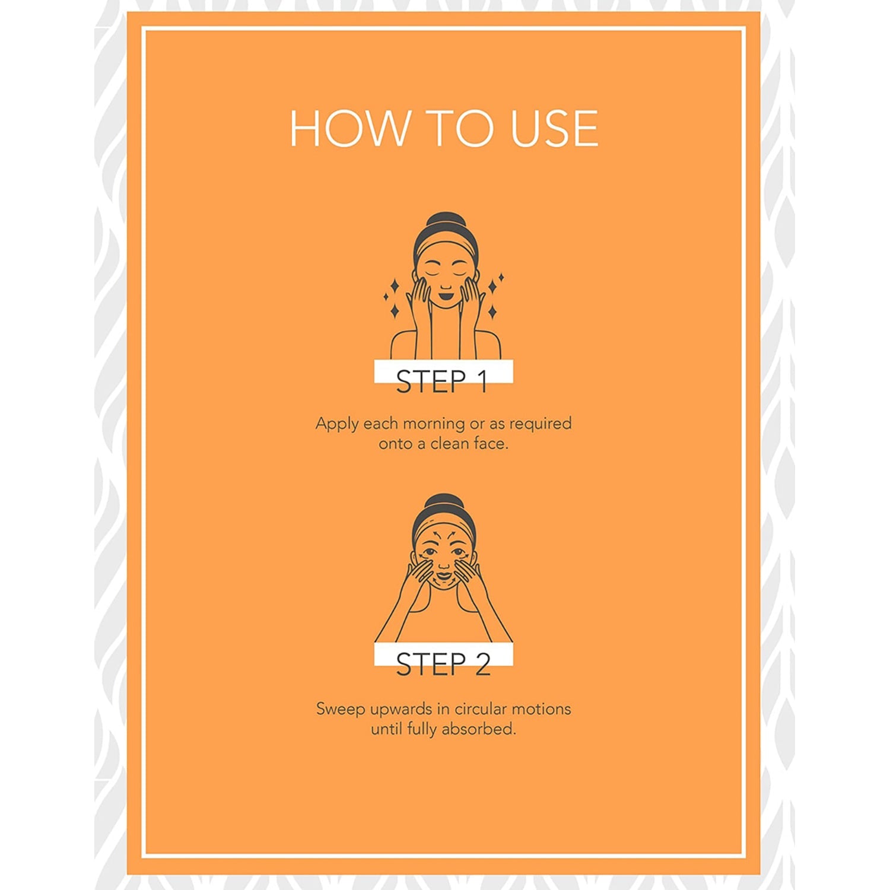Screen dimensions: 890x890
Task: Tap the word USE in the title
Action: pyautogui.click(x=554, y=128)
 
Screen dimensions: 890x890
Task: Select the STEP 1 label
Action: pyautogui.click(x=442, y=381)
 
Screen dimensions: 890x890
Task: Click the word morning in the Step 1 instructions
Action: pyautogui.click(x=434, y=424)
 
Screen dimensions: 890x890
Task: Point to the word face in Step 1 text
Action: pyautogui.click(x=491, y=443)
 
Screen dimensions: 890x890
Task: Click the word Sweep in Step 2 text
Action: pyautogui.click(x=341, y=710)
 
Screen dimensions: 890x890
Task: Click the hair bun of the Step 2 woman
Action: pyautogui.click(x=444, y=501)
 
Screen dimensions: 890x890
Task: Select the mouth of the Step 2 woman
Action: pyautogui.click(x=444, y=575)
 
